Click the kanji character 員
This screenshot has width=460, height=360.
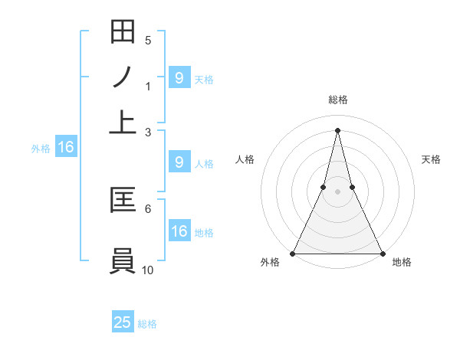[123, 260]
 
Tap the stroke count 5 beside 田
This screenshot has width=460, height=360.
[148, 41]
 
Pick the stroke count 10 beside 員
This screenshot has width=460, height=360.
[148, 269]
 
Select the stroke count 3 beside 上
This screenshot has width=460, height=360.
[148, 132]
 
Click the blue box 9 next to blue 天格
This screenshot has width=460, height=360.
[179, 77]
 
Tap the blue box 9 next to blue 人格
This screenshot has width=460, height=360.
[179, 162]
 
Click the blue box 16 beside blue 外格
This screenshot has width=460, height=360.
[66, 147]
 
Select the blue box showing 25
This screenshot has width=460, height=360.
[123, 322]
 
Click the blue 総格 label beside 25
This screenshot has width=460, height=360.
[148, 324]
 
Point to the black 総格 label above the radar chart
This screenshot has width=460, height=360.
[337, 100]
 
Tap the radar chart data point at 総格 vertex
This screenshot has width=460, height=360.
[337, 130]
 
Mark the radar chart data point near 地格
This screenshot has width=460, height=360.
[382, 253]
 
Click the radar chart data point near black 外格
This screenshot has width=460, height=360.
[293, 253]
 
